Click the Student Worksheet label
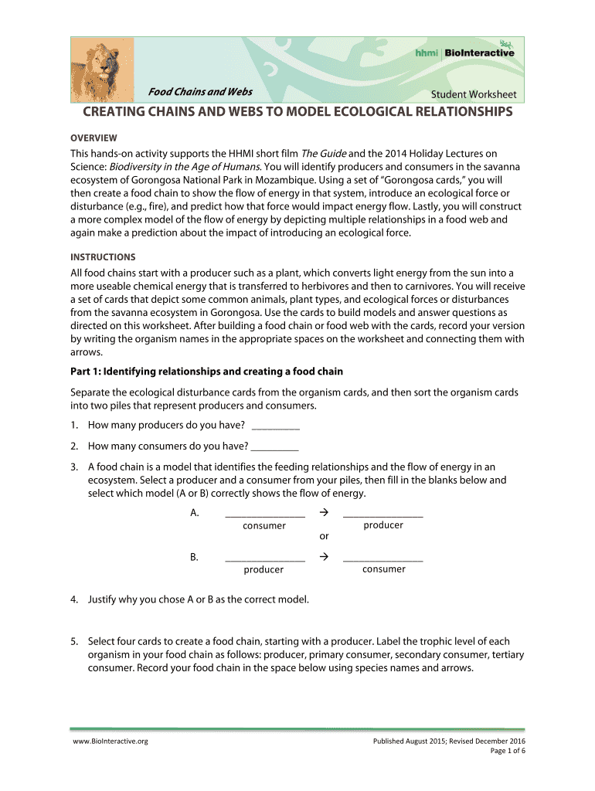(473, 94)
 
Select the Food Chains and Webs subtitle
(200, 92)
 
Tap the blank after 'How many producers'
(276, 426)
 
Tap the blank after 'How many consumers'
(275, 446)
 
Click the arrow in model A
(325, 513)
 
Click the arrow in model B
(325, 557)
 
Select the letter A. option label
(194, 513)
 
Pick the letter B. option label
(194, 557)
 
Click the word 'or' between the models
(324, 535)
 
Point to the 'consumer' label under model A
(264, 526)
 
